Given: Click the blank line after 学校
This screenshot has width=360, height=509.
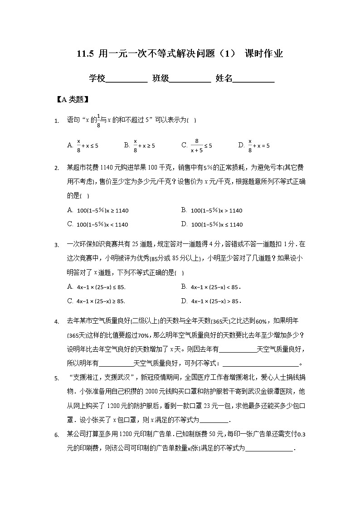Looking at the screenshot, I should point(126,80).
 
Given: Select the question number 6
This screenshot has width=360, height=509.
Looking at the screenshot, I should point(57,436).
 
